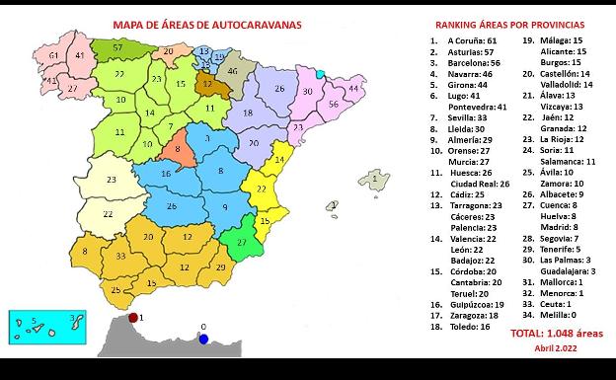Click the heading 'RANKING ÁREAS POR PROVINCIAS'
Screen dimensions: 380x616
(509, 23)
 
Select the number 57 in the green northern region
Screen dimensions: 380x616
(117, 46)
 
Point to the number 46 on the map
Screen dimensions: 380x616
(233, 71)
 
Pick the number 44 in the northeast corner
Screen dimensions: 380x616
(351, 89)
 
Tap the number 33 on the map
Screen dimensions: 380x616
(120, 256)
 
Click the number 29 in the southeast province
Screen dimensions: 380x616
(219, 267)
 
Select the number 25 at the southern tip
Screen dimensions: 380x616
(115, 290)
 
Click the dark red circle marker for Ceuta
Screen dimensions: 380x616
(132, 318)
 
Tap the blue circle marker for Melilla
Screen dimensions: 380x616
(203, 339)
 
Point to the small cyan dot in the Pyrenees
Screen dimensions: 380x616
(320, 74)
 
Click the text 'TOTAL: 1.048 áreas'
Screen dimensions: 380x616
(556, 334)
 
